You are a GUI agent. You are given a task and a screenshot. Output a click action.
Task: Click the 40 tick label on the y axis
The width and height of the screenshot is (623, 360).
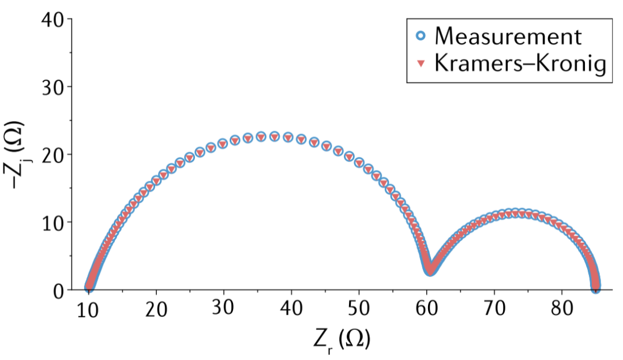click(x=55, y=20)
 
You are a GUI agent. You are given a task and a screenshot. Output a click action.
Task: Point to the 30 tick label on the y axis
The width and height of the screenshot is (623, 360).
click(x=55, y=87)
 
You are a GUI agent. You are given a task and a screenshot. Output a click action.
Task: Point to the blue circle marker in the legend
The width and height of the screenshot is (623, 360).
click(x=421, y=36)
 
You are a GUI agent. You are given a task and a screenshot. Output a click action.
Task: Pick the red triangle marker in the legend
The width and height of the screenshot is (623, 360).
click(x=421, y=64)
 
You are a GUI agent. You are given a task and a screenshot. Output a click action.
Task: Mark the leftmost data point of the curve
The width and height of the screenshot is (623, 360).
click(x=89, y=287)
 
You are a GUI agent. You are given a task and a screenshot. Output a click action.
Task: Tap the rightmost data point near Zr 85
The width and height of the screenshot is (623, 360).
click(x=595, y=287)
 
